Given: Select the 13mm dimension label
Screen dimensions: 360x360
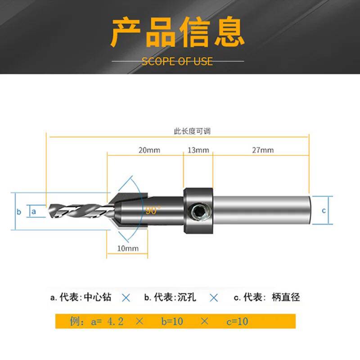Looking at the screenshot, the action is [x=198, y=150].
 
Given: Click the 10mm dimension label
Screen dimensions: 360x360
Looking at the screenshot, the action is [x=127, y=248].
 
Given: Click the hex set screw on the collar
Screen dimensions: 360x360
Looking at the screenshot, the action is [x=198, y=211].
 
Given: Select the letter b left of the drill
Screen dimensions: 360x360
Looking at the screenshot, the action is [x=19, y=211].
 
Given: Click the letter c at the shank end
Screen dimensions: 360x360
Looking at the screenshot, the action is [x=323, y=211].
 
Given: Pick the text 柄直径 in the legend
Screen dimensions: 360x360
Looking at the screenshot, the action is [x=286, y=297].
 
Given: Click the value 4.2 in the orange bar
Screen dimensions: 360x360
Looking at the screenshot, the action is [x=115, y=321].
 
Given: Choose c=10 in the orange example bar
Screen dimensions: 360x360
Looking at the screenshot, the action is [x=236, y=321].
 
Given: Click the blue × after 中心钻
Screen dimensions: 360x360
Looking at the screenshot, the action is [x=126, y=297].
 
